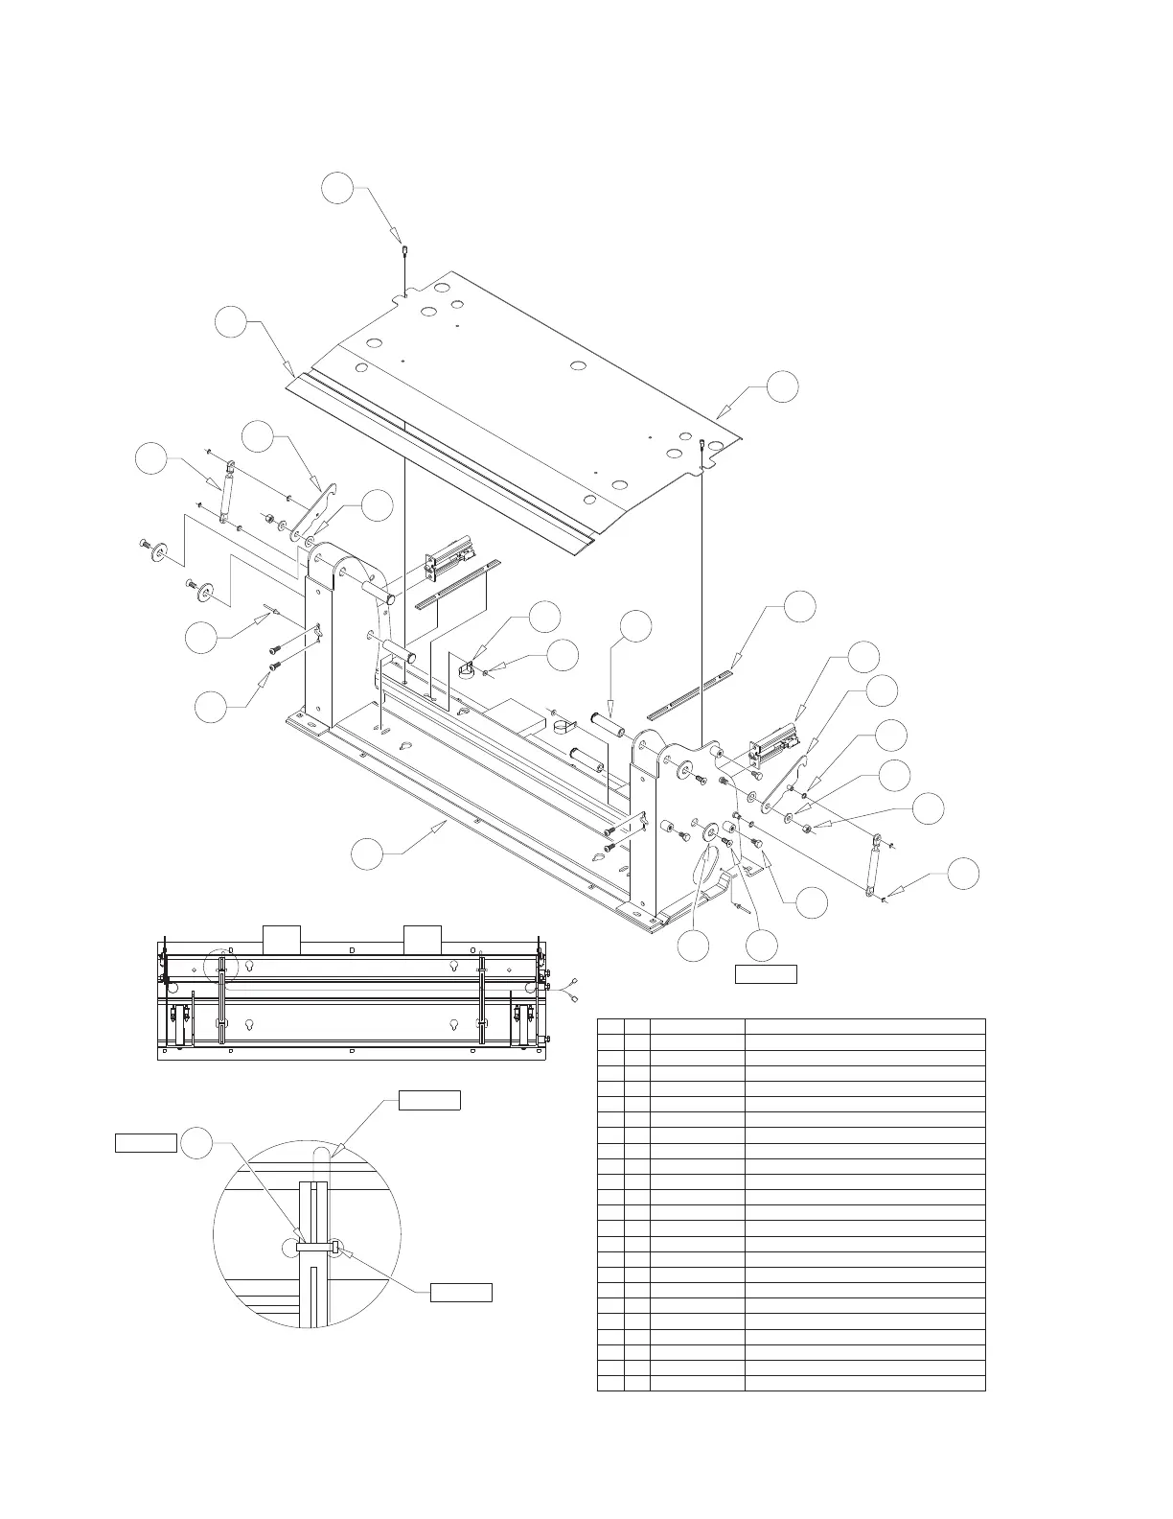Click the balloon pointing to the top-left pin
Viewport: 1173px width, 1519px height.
coord(336,188)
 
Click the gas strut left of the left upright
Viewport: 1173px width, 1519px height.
coord(228,492)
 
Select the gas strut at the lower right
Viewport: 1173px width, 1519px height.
coord(873,865)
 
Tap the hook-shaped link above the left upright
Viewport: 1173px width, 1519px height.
coord(320,507)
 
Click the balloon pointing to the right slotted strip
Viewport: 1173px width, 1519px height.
coord(799,607)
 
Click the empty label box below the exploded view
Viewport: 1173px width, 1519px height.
coord(766,975)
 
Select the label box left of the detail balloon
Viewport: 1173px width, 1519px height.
coord(146,1142)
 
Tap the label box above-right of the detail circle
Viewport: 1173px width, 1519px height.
coord(429,1100)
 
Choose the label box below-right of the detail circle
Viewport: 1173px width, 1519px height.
coord(461,1291)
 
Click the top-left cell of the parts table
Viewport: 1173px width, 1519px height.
coord(609,1026)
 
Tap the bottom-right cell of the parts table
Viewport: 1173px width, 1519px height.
coord(864,1383)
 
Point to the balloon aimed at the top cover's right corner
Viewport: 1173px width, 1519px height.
coord(782,386)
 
